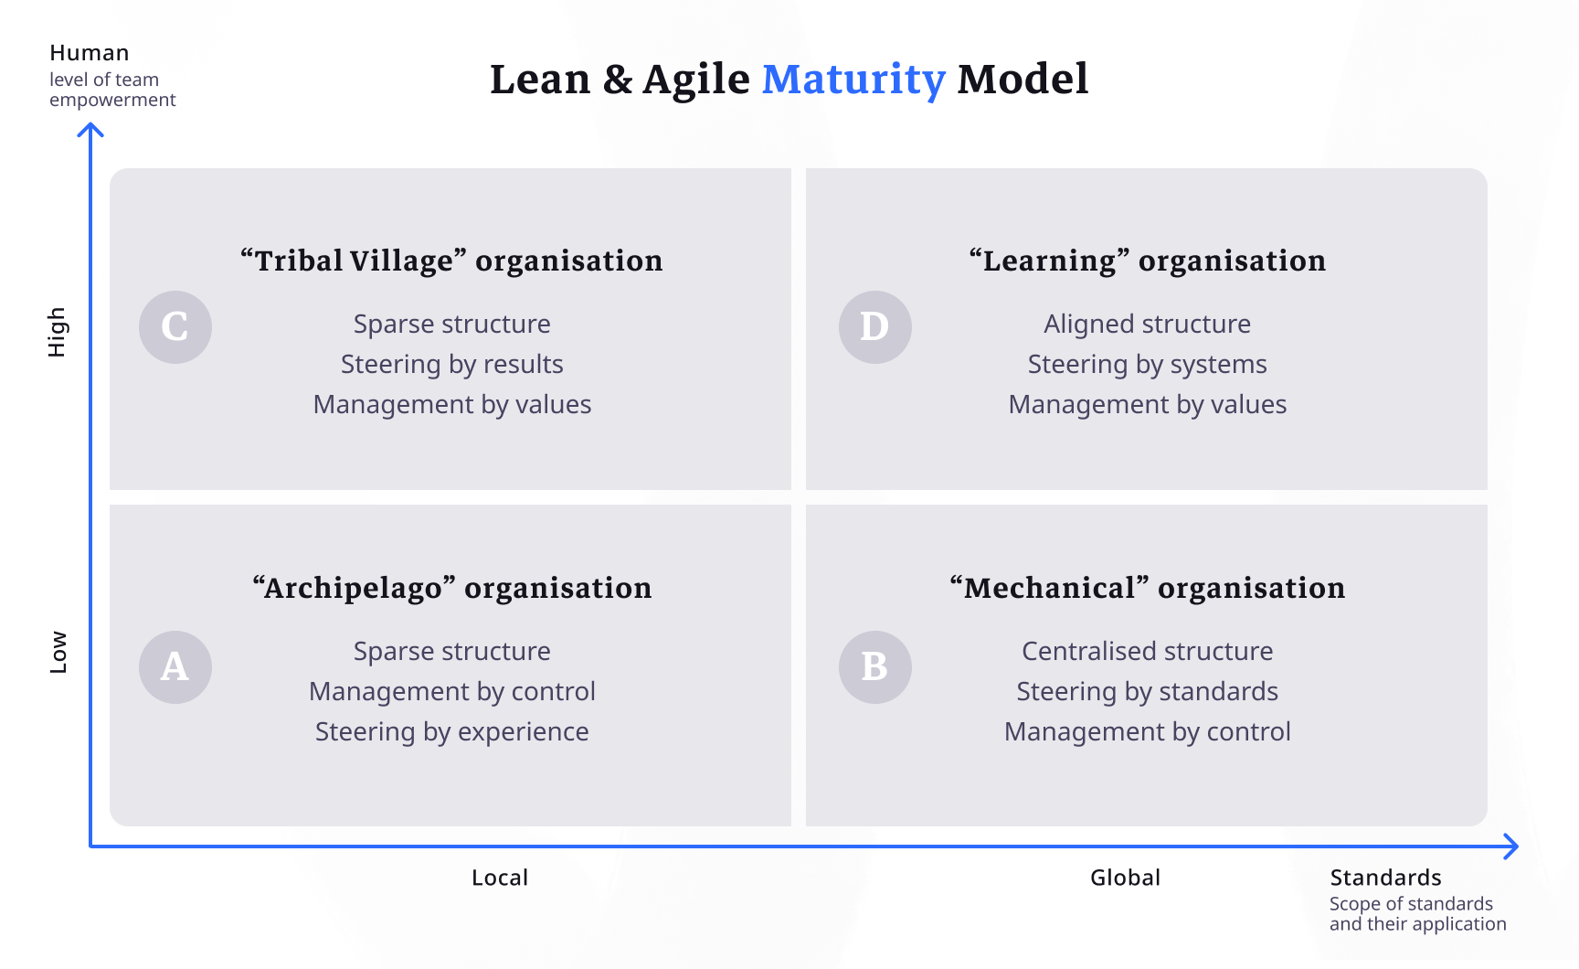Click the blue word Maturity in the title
click(853, 80)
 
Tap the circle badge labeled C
click(175, 326)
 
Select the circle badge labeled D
click(874, 326)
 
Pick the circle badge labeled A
click(175, 666)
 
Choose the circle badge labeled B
click(874, 666)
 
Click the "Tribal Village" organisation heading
click(451, 261)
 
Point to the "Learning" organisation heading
click(1147, 261)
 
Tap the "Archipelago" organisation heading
click(451, 588)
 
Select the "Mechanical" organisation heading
click(1147, 588)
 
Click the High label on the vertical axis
click(57, 331)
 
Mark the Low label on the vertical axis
click(58, 652)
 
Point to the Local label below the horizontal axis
click(500, 878)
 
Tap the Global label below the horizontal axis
click(1125, 878)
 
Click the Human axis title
click(90, 53)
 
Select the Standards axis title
click(1385, 878)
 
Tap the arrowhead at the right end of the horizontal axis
click(1512, 847)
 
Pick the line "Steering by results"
click(451, 364)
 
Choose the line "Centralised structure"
click(1147, 651)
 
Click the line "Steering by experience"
click(451, 731)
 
